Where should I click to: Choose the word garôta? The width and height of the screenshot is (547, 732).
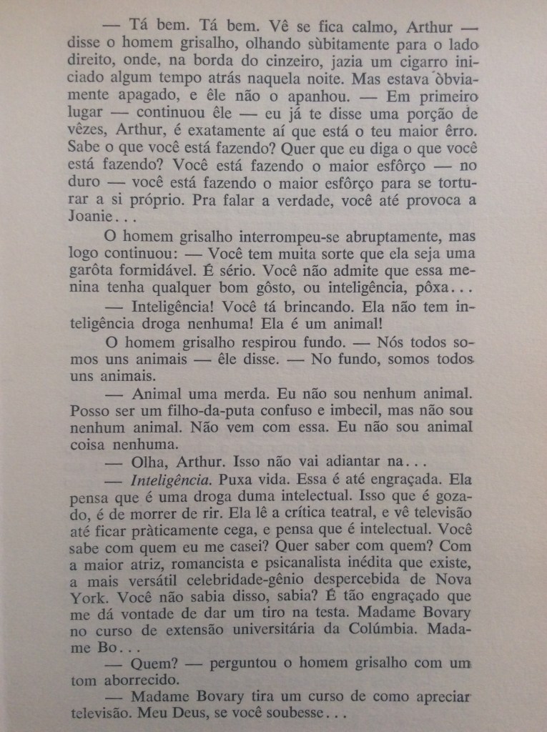click(x=97, y=273)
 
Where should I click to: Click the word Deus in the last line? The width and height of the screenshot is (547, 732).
click(x=207, y=714)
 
